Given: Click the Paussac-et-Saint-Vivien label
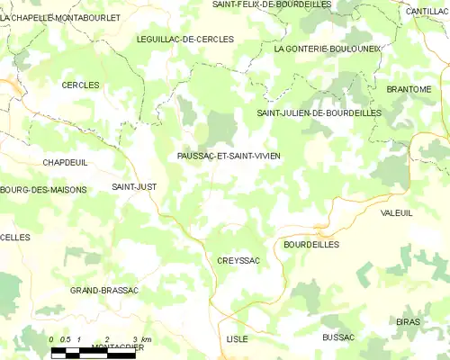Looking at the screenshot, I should (x=229, y=156).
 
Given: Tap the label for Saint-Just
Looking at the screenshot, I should (x=133, y=186).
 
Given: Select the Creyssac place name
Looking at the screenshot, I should (x=238, y=260).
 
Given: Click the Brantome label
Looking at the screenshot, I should (x=409, y=89).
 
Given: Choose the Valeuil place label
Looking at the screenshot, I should (x=396, y=212).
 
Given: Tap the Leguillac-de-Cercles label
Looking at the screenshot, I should (x=185, y=40).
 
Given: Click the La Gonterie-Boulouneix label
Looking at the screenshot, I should (x=328, y=49).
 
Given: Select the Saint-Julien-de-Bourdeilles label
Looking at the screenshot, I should (x=319, y=113).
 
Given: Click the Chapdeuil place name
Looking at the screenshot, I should (x=64, y=162).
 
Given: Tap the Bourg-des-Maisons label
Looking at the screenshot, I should (x=43, y=190).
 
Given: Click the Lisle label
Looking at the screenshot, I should (x=238, y=338).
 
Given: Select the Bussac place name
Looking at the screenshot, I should (x=338, y=337).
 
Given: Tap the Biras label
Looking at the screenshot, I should (x=408, y=321).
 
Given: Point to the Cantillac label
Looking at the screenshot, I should (x=427, y=11).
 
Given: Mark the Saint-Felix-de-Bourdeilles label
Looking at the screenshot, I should (x=272, y=4).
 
